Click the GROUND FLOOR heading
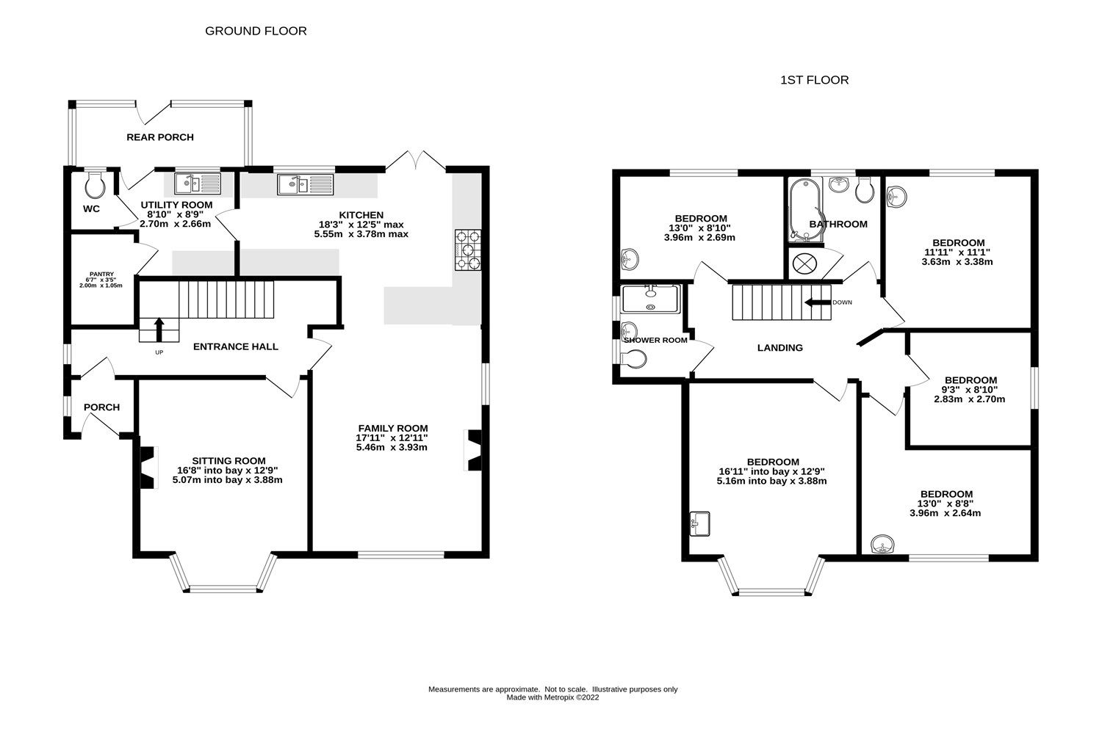(x=256, y=31)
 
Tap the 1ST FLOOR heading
(x=814, y=80)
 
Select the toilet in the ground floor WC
(x=95, y=186)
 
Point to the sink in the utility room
(x=197, y=183)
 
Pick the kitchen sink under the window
(x=305, y=183)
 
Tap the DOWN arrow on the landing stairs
(x=815, y=302)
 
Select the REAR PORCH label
(x=160, y=137)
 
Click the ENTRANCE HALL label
(x=235, y=346)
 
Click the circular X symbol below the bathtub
(x=802, y=263)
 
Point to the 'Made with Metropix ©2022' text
(x=552, y=698)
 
